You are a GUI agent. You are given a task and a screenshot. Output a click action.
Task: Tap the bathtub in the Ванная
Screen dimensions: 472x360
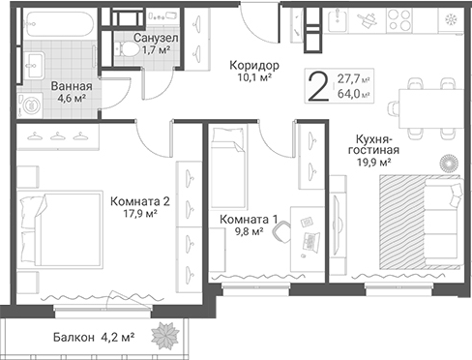click(59, 23)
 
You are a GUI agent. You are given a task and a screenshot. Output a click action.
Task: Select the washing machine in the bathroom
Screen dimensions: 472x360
click(31, 105)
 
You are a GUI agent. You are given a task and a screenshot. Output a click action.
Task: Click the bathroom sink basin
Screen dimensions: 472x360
click(33, 66)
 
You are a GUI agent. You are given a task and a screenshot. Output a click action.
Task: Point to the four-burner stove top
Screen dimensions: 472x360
click(399, 19)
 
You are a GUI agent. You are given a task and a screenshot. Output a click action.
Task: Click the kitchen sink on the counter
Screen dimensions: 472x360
click(338, 19)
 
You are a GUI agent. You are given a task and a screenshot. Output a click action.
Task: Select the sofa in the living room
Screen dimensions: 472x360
click(444, 223)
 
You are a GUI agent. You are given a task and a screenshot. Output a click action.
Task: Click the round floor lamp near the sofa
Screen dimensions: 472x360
click(448, 163)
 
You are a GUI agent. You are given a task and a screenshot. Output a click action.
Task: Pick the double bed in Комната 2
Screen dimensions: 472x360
click(60, 230)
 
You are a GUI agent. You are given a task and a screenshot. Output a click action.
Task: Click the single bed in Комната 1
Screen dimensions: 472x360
click(227, 167)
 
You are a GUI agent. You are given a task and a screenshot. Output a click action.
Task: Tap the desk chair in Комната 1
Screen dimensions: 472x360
click(282, 232)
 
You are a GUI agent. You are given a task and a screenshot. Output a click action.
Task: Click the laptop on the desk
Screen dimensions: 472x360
click(310, 242)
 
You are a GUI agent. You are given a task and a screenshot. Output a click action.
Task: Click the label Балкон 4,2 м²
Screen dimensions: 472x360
click(94, 338)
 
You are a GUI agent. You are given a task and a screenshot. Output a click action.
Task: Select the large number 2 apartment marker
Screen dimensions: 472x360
click(318, 86)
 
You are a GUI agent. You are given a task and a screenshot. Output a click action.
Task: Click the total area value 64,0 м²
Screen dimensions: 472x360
click(353, 94)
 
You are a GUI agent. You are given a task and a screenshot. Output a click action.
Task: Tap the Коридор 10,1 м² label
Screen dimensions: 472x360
click(254, 71)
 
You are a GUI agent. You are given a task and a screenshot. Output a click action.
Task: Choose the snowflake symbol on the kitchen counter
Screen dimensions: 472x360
click(449, 19)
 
